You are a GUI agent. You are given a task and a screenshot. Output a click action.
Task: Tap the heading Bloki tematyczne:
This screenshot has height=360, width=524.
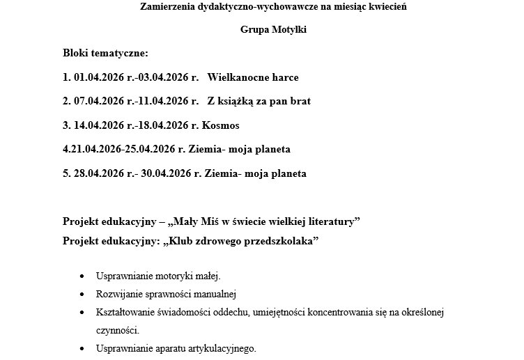[x=105, y=53]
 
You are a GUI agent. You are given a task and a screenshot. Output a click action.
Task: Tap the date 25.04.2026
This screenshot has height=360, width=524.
[x=150, y=150]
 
